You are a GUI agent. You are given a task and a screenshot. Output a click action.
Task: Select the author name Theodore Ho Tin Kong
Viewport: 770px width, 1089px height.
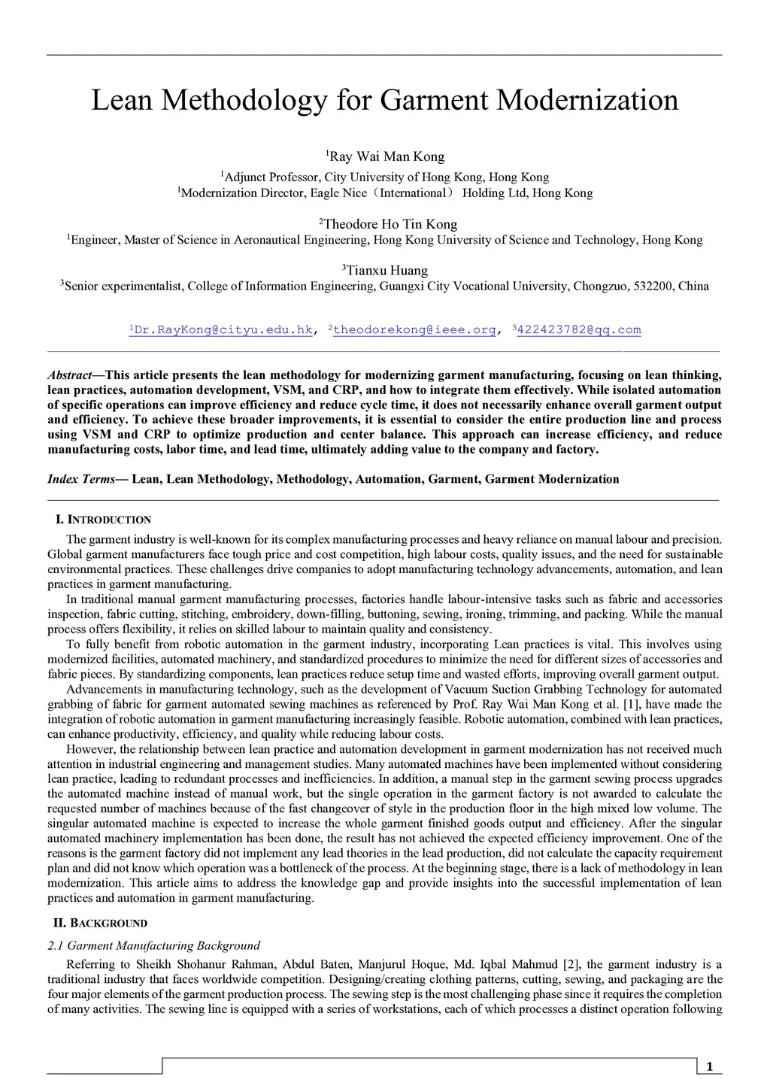pyautogui.click(x=390, y=224)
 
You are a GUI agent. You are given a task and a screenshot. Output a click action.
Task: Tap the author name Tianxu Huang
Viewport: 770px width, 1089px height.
pyautogui.click(x=387, y=271)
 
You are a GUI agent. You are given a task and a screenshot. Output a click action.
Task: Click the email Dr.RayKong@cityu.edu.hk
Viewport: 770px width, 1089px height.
pyautogui.click(x=221, y=329)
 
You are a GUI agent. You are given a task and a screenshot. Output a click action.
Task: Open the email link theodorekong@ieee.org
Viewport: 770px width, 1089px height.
pyautogui.click(x=414, y=329)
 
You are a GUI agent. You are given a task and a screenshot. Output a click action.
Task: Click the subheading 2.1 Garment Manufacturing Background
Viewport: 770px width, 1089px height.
pyautogui.click(x=153, y=945)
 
